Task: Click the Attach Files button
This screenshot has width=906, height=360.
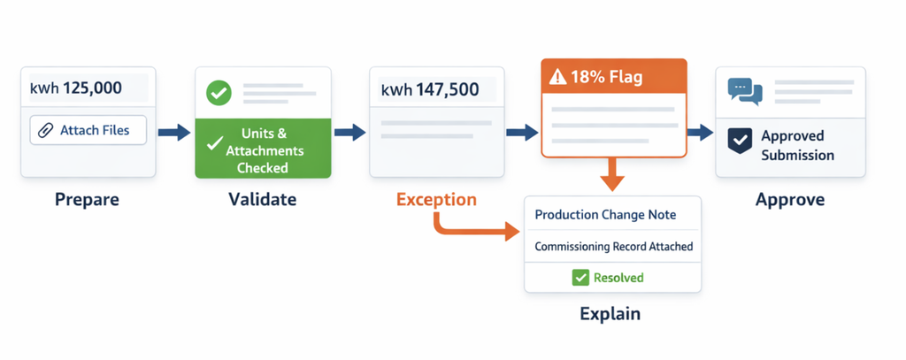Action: pyautogui.click(x=88, y=130)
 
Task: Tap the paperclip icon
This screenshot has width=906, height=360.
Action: pyautogui.click(x=45, y=131)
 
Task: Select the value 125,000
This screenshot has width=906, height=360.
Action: pyautogui.click(x=92, y=88)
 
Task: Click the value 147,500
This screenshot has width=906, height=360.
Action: pyautogui.click(x=444, y=89)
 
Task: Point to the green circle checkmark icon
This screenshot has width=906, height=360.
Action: pyautogui.click(x=219, y=93)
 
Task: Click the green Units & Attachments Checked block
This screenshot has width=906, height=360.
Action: pyautogui.click(x=263, y=148)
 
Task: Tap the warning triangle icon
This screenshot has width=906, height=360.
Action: pyautogui.click(x=559, y=77)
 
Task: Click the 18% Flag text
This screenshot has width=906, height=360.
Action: pyautogui.click(x=606, y=77)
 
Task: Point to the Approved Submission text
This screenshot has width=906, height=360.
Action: pyautogui.click(x=797, y=146)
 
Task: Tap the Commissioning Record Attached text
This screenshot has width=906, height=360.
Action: pyautogui.click(x=613, y=247)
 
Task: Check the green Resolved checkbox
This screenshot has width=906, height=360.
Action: pyautogui.click(x=580, y=278)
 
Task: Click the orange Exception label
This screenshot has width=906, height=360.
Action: pyautogui.click(x=436, y=200)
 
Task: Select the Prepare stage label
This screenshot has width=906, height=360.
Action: pyautogui.click(x=88, y=200)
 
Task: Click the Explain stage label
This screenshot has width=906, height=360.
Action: pyautogui.click(x=610, y=314)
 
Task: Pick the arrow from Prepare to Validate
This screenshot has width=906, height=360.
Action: pyautogui.click(x=174, y=133)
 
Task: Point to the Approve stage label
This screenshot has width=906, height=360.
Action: pyautogui.click(x=790, y=200)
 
